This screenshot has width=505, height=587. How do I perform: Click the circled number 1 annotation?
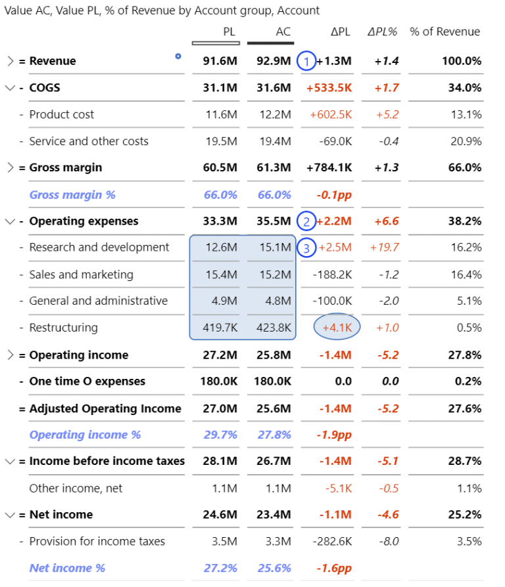coord(306,61)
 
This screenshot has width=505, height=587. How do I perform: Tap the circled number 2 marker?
coord(306,221)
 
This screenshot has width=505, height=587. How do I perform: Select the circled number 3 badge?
coord(306,248)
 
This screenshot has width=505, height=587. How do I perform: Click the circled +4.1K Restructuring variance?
coord(337,328)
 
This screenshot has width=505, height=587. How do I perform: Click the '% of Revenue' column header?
coord(445,32)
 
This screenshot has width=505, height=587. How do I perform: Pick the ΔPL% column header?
coord(383,32)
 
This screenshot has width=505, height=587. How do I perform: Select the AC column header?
coord(283,32)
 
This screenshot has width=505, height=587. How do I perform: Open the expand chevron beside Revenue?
coord(10,61)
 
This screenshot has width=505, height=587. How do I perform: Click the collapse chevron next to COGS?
coord(10,88)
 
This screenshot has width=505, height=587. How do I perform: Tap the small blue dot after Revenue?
coord(178,56)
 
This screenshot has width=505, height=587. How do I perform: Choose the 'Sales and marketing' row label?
coord(81,274)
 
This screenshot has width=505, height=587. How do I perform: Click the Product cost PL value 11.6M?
coord(221,115)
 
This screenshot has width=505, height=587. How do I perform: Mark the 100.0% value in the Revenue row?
coord(462,61)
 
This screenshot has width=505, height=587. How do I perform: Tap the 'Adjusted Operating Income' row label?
coord(105,408)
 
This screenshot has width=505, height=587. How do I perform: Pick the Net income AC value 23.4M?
coord(274,515)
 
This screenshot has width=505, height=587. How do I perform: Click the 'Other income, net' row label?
coord(76,489)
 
